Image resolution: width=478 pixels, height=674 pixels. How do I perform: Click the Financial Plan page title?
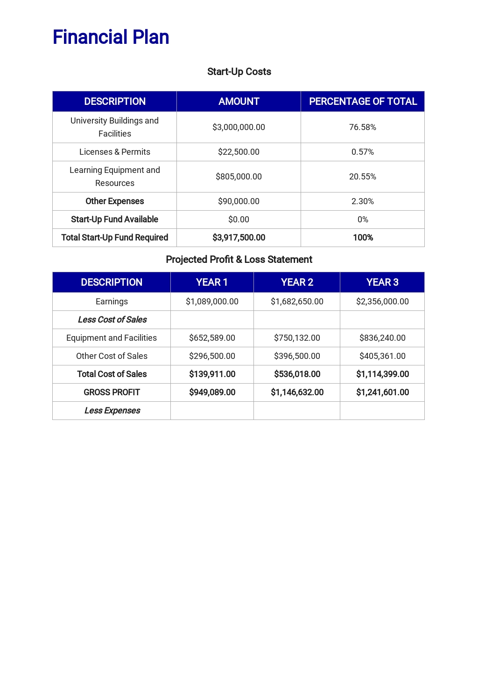pos(111,37)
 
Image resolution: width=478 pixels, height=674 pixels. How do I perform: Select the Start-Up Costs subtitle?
pos(239,72)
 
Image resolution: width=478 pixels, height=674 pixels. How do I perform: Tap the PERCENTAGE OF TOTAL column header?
pos(363,102)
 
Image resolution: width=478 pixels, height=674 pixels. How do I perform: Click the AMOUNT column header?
pos(239,102)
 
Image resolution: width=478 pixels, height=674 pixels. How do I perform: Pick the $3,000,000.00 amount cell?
pos(239,127)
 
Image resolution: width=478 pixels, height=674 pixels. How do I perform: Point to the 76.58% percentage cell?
pos(363,127)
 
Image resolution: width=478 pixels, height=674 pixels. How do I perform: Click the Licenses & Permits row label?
pos(115,152)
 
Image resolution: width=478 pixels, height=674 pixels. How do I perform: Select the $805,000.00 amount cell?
pos(239,177)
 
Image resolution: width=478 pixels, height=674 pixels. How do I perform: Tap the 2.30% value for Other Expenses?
pos(363,201)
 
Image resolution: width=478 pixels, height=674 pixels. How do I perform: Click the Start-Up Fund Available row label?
pos(115,220)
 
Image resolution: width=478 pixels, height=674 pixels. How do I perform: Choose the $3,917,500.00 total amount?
pos(239,238)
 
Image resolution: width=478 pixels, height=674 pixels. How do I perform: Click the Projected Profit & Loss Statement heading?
pos(239,260)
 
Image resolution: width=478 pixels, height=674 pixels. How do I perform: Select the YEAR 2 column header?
pos(297,282)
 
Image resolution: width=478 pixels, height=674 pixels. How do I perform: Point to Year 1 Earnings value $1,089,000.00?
pos(212,302)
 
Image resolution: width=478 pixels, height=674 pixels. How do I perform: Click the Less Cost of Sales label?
pos(112,320)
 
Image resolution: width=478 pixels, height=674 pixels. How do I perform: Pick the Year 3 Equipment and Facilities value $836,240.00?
pos(382,338)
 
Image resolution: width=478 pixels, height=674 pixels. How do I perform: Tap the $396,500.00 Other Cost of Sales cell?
pos(297,356)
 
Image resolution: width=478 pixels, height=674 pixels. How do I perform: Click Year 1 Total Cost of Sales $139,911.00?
pos(212,374)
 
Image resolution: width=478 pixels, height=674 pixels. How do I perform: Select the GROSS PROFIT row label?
pos(112,392)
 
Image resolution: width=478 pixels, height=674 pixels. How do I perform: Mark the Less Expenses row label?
pos(112,411)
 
